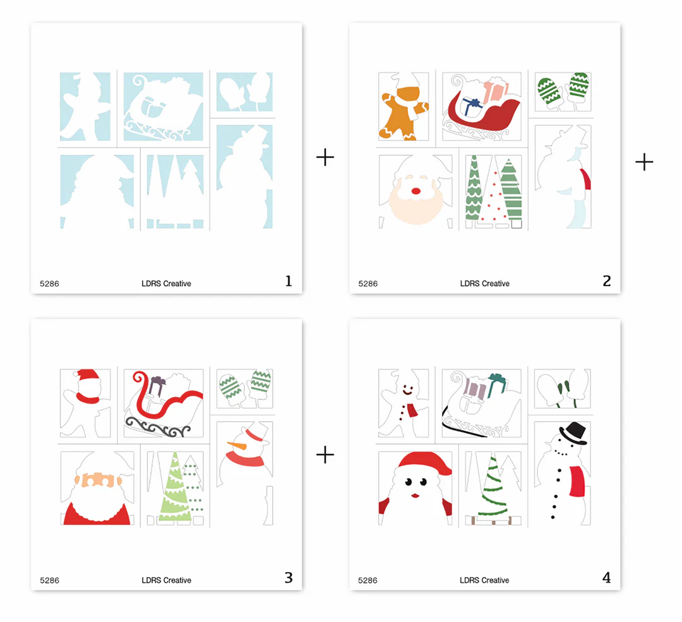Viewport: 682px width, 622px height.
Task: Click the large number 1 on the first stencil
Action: click(x=289, y=281)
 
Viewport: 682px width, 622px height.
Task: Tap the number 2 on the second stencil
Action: click(x=607, y=281)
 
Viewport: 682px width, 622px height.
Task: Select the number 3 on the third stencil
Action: click(x=289, y=578)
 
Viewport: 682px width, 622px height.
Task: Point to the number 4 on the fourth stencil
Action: click(x=607, y=578)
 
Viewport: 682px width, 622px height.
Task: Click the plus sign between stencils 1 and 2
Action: click(x=325, y=157)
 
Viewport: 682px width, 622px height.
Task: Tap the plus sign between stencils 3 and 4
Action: click(x=325, y=455)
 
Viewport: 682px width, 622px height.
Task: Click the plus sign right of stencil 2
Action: click(x=644, y=162)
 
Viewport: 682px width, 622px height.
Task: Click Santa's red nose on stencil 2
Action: click(x=416, y=191)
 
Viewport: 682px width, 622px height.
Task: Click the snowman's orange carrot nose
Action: click(x=237, y=445)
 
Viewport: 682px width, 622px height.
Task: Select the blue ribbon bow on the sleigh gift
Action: click(x=472, y=105)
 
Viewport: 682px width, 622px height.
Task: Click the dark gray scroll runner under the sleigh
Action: click(x=157, y=427)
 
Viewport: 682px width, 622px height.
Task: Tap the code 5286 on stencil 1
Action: click(x=49, y=284)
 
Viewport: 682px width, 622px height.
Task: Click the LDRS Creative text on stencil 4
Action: click(x=484, y=580)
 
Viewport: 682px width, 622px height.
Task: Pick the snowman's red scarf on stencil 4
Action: click(x=576, y=481)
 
